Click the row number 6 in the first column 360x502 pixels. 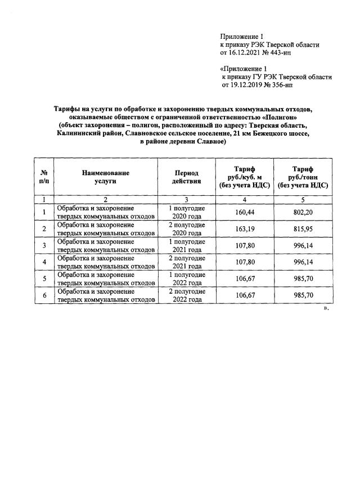click(x=44, y=295)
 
